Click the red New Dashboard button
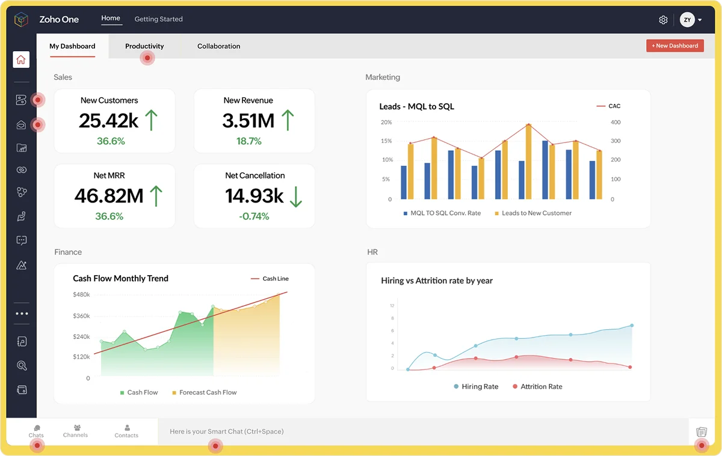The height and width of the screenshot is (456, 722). (x=674, y=46)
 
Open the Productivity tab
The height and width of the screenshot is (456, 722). (x=144, y=46)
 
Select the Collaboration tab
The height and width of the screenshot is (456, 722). (x=218, y=46)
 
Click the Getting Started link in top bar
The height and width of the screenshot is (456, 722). (x=158, y=19)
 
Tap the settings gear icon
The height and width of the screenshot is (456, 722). (x=663, y=20)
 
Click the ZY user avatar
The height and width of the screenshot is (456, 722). (x=687, y=20)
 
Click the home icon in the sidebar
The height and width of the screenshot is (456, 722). (x=21, y=59)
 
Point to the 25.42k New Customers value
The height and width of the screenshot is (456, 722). (x=109, y=121)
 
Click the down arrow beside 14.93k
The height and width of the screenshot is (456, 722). (x=295, y=196)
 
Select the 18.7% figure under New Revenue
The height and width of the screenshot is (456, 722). (x=248, y=141)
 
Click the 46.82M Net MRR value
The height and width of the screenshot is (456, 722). (x=109, y=196)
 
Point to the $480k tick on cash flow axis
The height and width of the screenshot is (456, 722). (x=81, y=294)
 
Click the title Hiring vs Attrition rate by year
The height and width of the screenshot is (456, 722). (x=437, y=281)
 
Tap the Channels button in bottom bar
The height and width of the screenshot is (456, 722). (x=75, y=431)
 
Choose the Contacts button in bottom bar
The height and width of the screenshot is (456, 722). (x=126, y=431)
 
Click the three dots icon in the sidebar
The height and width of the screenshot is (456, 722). (x=22, y=314)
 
